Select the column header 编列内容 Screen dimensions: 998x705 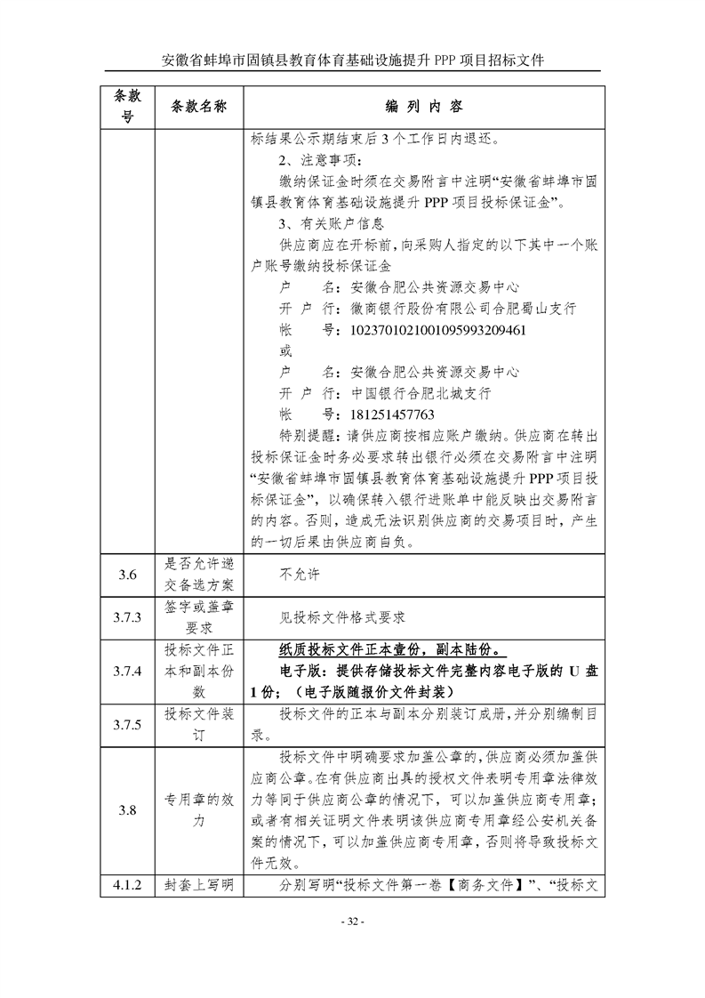(x=424, y=107)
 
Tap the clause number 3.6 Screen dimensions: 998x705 (x=127, y=575)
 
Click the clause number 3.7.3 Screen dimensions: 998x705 (x=127, y=617)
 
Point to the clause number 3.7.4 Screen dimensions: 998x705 (x=127, y=672)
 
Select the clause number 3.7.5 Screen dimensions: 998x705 (x=127, y=726)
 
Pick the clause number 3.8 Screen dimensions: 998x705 (x=127, y=810)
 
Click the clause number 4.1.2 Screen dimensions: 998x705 (x=127, y=886)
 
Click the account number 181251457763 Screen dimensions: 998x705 (x=393, y=415)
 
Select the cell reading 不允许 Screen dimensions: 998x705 (x=299, y=575)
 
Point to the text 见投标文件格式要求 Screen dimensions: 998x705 (x=342, y=617)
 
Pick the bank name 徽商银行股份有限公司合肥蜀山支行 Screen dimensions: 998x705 (x=463, y=309)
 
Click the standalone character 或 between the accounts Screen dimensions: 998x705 (x=285, y=351)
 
